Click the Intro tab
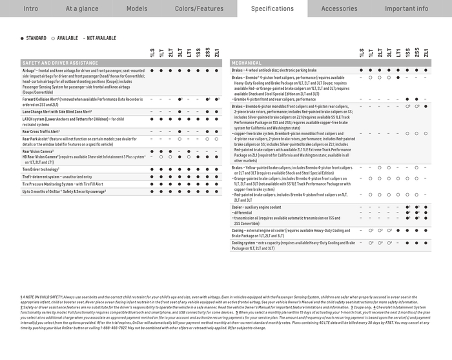(x=30, y=8)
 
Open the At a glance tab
(x=82, y=8)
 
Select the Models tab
(x=137, y=8)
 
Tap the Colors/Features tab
(x=199, y=8)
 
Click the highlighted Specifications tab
(x=272, y=8)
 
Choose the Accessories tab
(x=339, y=8)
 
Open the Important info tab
(x=406, y=8)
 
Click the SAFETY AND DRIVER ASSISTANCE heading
(x=61, y=63)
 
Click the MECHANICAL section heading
(x=247, y=63)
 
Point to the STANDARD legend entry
(x=34, y=38)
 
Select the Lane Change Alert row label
(x=57, y=111)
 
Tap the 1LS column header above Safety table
(x=152, y=53)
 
